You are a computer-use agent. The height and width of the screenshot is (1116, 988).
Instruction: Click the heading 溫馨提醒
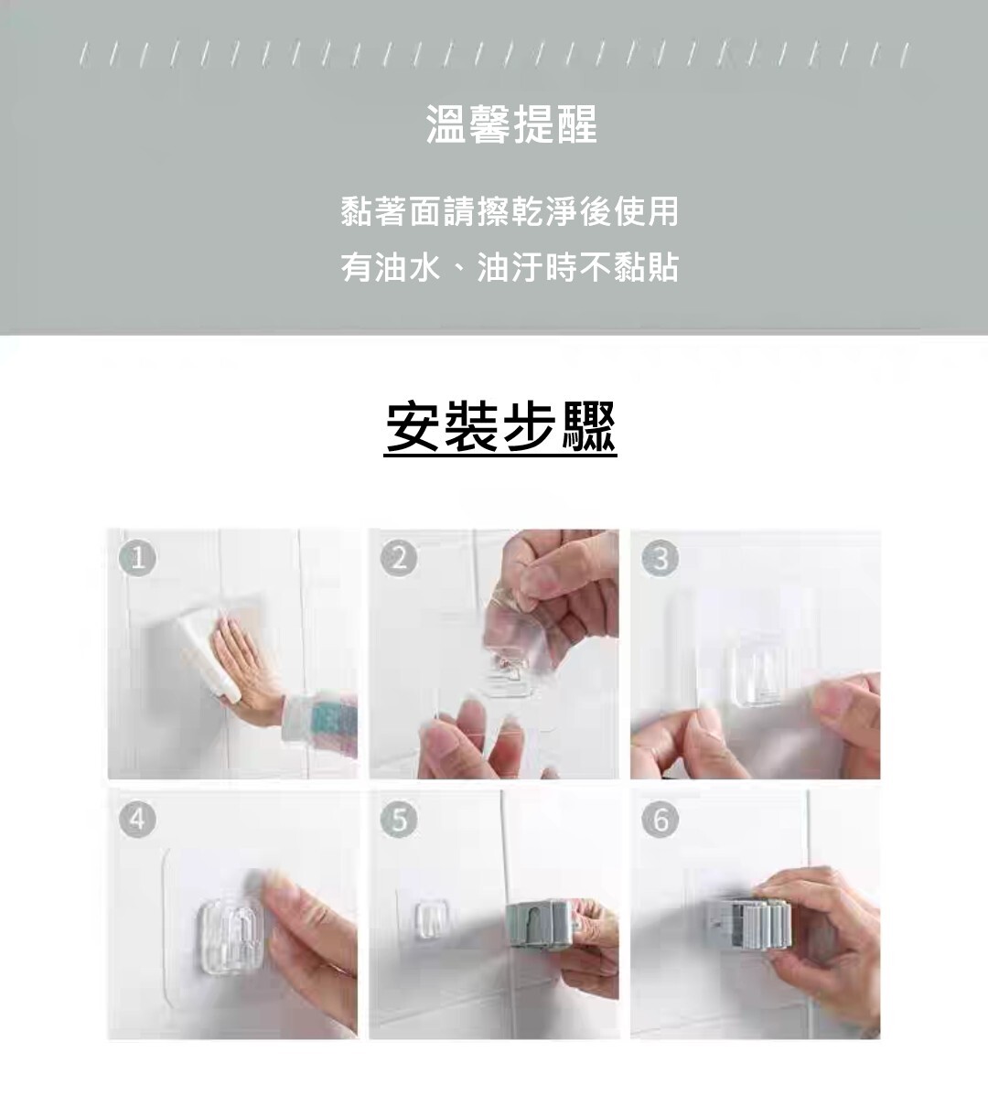[511, 124]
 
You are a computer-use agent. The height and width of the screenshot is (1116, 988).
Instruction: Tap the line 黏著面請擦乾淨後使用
[510, 211]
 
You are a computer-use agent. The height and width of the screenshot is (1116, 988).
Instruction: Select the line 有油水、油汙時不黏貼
[510, 267]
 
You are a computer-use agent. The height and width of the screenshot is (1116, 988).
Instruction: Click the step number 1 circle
[137, 559]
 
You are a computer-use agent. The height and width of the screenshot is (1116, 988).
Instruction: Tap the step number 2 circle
[399, 559]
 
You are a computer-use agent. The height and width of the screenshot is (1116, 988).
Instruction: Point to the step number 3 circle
[660, 559]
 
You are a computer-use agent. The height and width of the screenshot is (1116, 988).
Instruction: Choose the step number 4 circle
[137, 820]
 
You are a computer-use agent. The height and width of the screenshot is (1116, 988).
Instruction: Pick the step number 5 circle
[399, 820]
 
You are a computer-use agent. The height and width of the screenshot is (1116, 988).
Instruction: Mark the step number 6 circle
[660, 820]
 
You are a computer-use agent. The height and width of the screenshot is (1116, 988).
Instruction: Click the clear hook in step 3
[757, 675]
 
